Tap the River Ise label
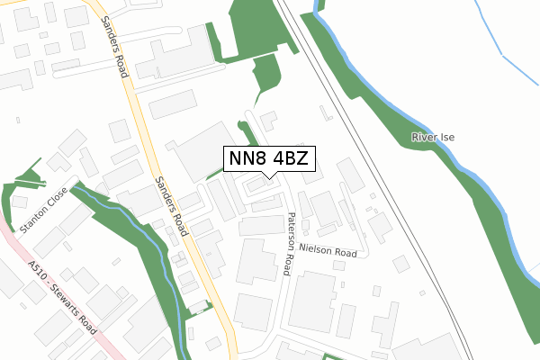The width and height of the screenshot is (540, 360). coord(434,137)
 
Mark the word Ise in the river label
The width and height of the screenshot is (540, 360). coord(448,137)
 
